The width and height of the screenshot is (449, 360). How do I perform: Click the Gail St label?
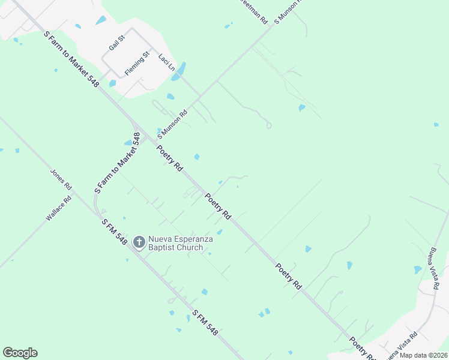[x=116, y=43]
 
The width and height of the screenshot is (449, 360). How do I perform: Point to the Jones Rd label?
[x=61, y=178]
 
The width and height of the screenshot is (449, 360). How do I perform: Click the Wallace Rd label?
[x=58, y=208]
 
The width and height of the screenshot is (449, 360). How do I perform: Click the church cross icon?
[x=138, y=242]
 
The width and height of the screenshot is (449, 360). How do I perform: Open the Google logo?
[x=20, y=353]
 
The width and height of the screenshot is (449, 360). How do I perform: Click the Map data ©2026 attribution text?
[x=423, y=355]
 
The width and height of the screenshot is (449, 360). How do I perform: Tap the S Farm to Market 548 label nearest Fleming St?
[x=71, y=59]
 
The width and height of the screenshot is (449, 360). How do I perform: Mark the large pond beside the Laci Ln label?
[x=178, y=72]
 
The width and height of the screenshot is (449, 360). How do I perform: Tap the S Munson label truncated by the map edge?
[x=288, y=10]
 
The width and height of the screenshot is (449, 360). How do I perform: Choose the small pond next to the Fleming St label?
[x=112, y=83]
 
